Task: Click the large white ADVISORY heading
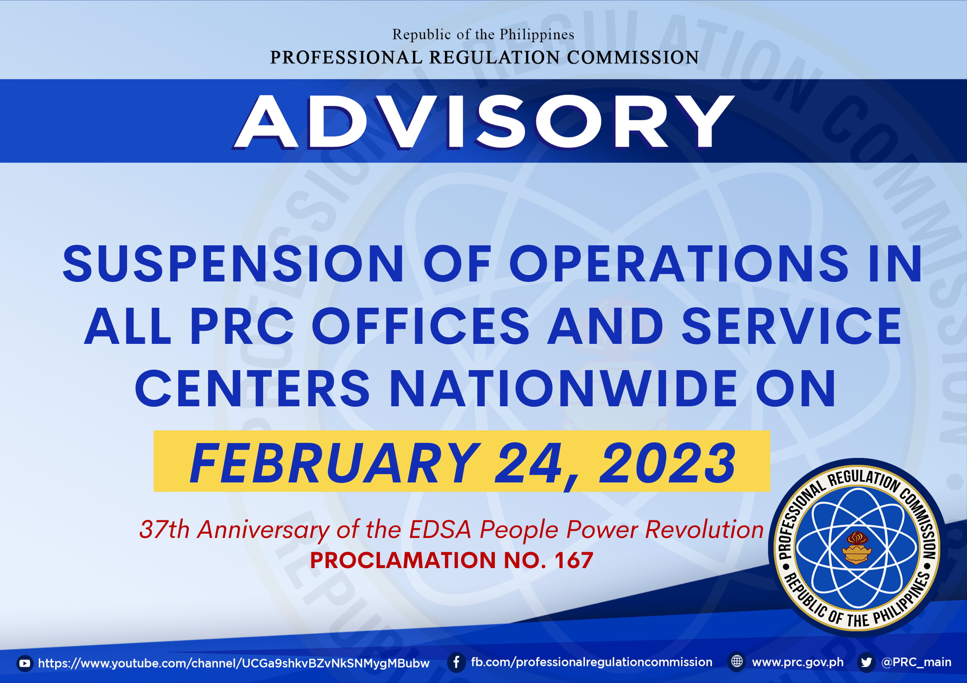tap(484, 122)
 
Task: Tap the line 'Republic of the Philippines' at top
tap(483, 34)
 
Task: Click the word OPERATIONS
tap(679, 263)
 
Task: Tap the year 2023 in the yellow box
tap(667, 463)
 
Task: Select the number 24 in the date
tap(529, 463)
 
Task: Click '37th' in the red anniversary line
tap(165, 529)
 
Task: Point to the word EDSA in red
tap(440, 529)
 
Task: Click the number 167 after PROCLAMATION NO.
tap(574, 560)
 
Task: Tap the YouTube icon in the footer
tap(25, 664)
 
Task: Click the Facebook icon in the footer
tap(457, 662)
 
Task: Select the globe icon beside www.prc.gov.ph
tap(737, 661)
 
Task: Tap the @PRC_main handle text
tap(917, 662)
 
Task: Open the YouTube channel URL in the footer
tap(234, 663)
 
